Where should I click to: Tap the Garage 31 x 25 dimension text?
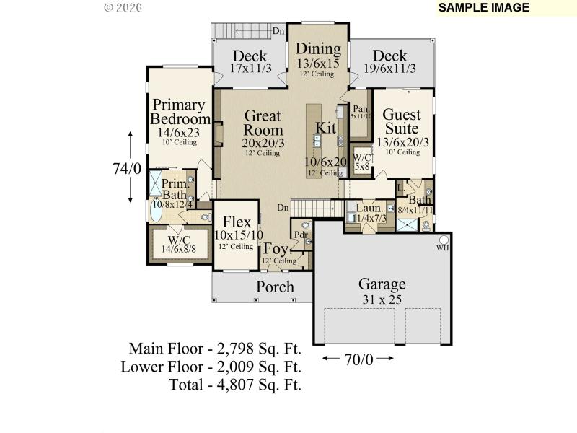(x=372, y=299)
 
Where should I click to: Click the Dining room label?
(x=319, y=49)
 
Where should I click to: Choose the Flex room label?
(x=237, y=222)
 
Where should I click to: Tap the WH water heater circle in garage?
(x=444, y=240)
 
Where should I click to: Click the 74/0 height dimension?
(x=126, y=168)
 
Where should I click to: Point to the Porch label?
(x=276, y=287)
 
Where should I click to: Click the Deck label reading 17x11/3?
(x=250, y=56)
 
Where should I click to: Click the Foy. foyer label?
(x=276, y=249)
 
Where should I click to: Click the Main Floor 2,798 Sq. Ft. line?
(x=215, y=349)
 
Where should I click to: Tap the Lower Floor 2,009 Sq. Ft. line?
(x=211, y=367)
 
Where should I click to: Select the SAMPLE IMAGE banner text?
(x=483, y=8)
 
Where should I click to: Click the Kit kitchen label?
(x=326, y=128)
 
